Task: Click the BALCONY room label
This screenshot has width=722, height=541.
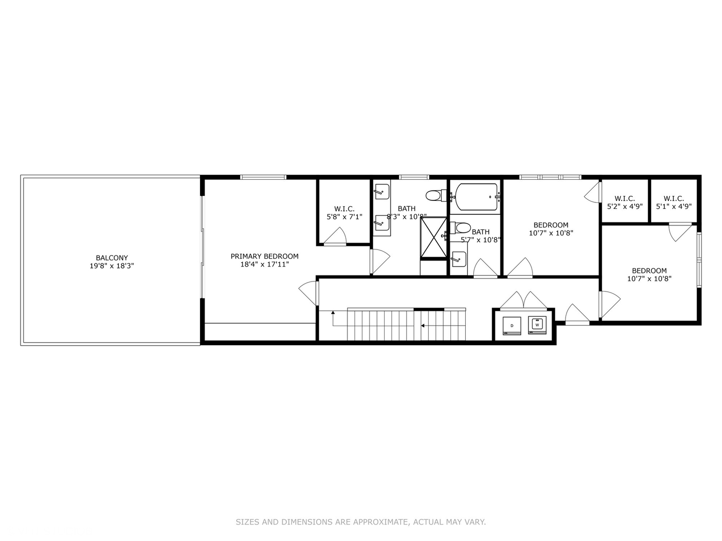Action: [112, 258]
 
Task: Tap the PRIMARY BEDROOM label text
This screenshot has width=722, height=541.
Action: [264, 256]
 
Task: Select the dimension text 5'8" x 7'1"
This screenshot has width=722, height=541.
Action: [344, 217]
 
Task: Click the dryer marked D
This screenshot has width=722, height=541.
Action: [512, 326]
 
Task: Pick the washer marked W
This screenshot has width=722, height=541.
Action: [537, 325]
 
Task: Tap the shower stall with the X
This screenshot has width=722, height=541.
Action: [433, 237]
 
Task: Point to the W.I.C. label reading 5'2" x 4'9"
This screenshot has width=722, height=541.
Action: [625, 206]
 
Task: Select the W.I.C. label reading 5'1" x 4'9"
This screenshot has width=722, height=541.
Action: [673, 206]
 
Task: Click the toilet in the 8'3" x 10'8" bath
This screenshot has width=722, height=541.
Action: [434, 195]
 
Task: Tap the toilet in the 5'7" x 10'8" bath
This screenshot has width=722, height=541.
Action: [461, 228]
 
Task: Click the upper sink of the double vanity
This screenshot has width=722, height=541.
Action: [382, 191]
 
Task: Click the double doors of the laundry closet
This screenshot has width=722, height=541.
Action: [523, 300]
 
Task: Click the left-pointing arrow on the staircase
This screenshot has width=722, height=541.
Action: [423, 326]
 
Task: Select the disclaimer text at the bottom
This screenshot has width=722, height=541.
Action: [360, 522]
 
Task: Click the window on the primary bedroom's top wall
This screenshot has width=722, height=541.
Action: [263, 177]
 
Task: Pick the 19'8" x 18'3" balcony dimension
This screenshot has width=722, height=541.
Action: [112, 266]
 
